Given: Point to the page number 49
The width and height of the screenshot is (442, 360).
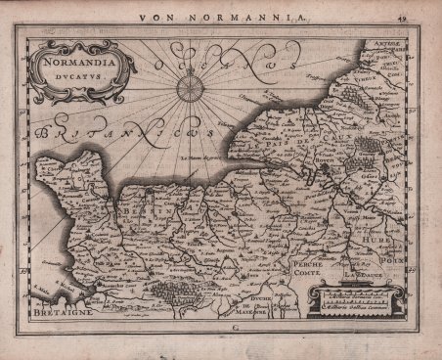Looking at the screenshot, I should [429, 16].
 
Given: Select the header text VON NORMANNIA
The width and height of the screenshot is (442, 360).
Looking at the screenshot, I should [222, 16].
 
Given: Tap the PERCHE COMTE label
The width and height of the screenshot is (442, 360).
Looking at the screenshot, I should [308, 268].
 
